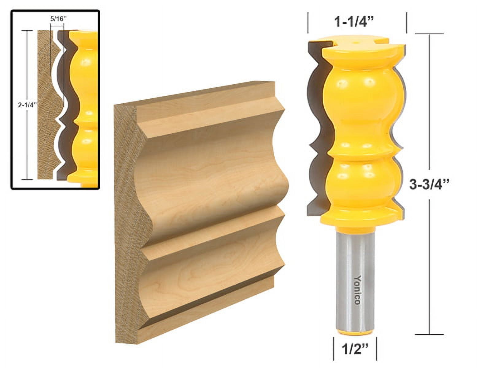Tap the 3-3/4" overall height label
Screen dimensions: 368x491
click(429, 184)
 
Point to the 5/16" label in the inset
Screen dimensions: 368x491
click(58, 19)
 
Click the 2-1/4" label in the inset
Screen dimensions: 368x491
click(27, 105)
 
